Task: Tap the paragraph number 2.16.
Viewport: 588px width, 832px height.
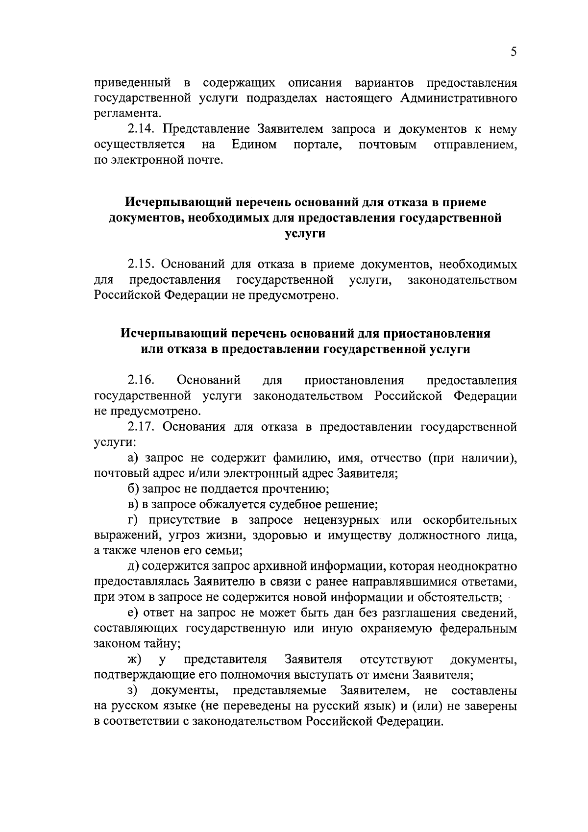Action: [x=141, y=380]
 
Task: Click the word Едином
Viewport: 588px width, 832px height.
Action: [x=254, y=145]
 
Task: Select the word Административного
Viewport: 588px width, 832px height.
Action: [x=459, y=98]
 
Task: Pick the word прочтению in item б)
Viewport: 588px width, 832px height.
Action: [x=295, y=489]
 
